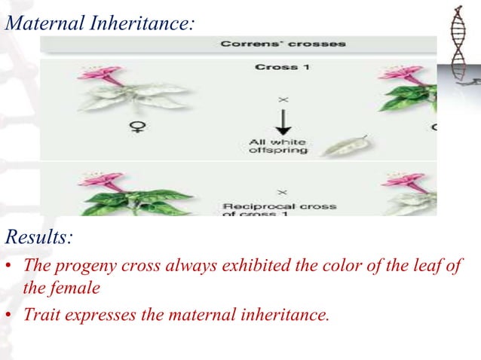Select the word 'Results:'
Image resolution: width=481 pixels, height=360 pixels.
coord(39,239)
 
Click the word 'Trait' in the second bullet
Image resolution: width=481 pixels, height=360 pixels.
coord(41,314)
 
